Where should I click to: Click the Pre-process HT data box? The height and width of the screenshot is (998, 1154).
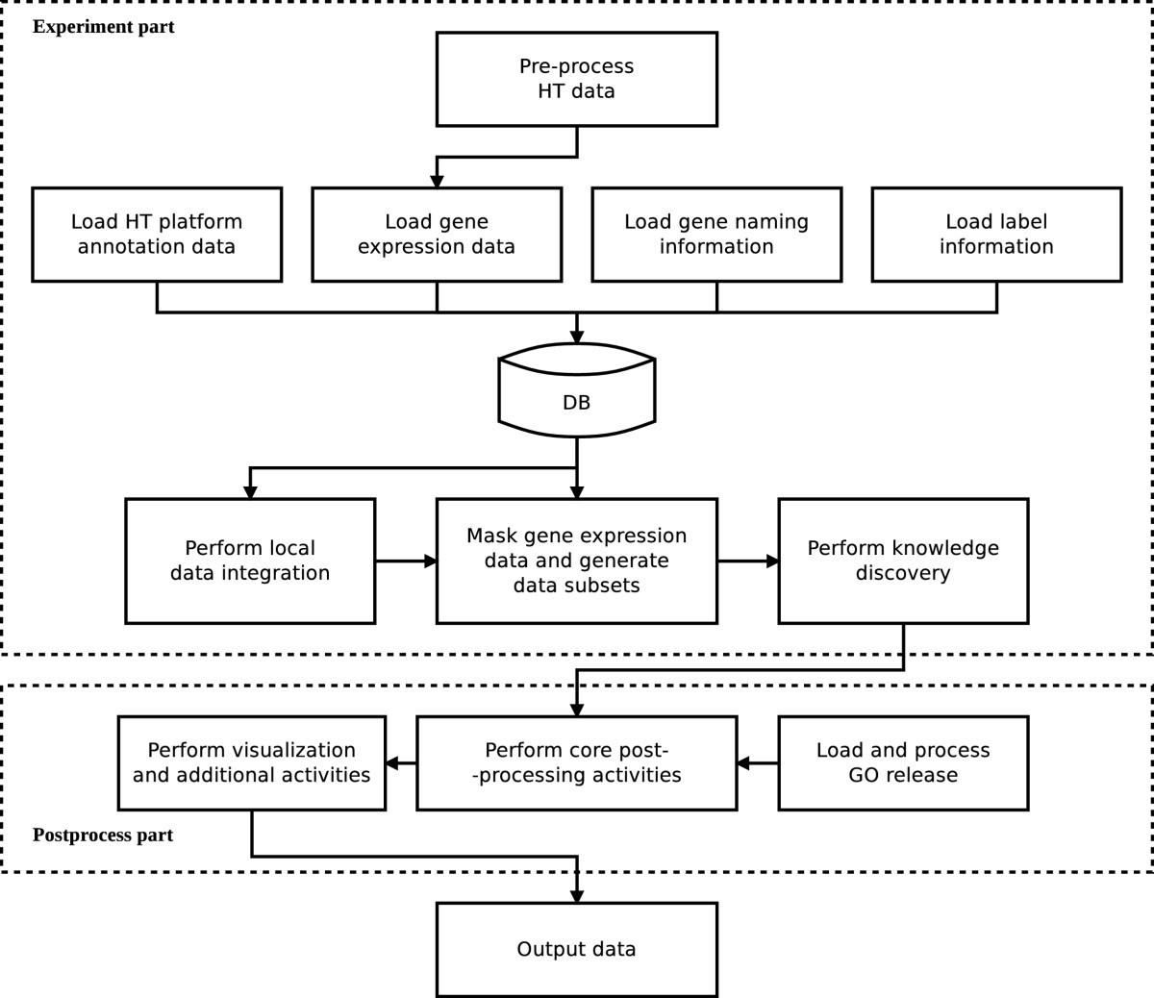click(x=576, y=79)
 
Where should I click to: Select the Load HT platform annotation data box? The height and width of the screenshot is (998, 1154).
click(x=157, y=235)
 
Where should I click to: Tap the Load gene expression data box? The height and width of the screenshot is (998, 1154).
click(x=437, y=235)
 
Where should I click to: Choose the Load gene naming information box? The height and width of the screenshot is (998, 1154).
click(x=716, y=235)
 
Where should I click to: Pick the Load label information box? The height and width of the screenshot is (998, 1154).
click(x=996, y=235)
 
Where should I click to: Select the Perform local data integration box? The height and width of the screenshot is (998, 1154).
click(x=250, y=561)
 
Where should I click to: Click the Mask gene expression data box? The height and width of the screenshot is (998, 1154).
click(x=576, y=561)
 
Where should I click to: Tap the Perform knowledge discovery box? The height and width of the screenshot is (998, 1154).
click(x=903, y=561)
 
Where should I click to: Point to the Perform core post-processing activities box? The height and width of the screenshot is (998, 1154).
click(x=576, y=762)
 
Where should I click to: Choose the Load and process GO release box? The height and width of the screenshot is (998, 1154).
click(x=903, y=762)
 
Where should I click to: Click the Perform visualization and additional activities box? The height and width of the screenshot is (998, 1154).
click(x=251, y=762)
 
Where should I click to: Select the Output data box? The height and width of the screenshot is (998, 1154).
click(x=576, y=949)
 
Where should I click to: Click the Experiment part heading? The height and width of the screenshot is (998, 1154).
click(x=104, y=27)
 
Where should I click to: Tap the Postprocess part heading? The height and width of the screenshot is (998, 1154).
click(x=103, y=835)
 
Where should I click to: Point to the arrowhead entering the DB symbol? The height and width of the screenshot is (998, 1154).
click(x=576, y=337)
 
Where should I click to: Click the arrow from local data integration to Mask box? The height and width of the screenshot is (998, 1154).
click(x=406, y=561)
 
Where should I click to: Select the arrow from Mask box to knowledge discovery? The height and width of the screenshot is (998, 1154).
click(x=748, y=561)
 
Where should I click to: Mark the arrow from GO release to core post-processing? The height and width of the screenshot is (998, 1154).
click(x=757, y=763)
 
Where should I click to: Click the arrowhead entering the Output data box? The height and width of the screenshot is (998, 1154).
click(x=577, y=895)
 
